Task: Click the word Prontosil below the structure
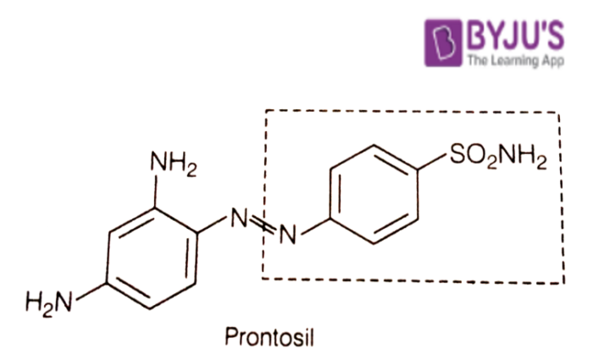coord(269,337)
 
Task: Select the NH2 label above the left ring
coord(174,163)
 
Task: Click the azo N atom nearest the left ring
coord(239,218)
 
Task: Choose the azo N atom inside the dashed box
coord(287,234)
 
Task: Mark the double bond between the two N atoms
coord(263,225)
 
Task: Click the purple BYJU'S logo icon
coord(443,42)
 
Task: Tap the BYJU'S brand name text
coord(515,36)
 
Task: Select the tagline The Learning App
coord(516,60)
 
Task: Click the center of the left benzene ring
coord(152,258)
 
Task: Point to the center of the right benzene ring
coord(374,194)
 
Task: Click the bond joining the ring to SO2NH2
coord(432,162)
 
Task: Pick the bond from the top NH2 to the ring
coord(155,191)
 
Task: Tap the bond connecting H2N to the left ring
coord(91,291)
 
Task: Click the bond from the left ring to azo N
coord(212,224)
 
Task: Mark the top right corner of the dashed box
coord(559,113)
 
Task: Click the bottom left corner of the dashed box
coord(263,279)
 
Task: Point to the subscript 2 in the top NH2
coord(191,171)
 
